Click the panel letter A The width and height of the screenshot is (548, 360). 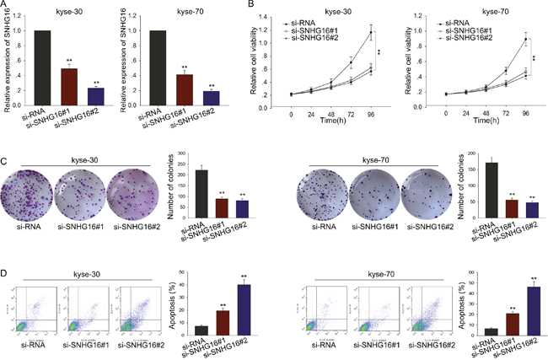(x=6, y=6)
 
